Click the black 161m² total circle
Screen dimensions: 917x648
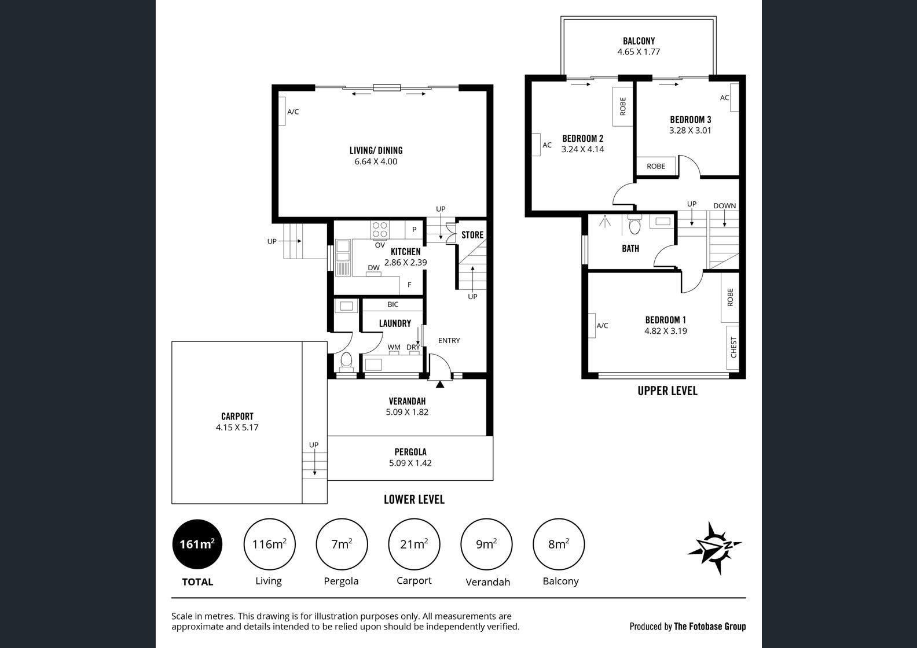tap(197, 544)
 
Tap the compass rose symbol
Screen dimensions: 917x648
tap(714, 547)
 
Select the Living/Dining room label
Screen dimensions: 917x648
tap(376, 150)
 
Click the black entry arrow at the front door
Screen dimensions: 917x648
tap(439, 384)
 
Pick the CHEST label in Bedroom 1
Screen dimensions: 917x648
tap(733, 347)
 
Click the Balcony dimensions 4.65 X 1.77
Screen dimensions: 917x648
tap(639, 52)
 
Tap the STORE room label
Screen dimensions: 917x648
tap(472, 235)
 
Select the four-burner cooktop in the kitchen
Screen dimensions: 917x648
tap(380, 230)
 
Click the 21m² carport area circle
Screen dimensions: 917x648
tap(414, 544)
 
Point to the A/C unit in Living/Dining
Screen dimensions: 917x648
tap(282, 111)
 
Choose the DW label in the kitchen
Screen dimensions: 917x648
tap(373, 267)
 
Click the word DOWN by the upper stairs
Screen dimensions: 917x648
tap(725, 206)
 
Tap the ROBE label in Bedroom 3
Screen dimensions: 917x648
tap(656, 166)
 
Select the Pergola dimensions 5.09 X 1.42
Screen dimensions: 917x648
tap(410, 463)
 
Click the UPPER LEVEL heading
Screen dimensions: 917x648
tap(667, 391)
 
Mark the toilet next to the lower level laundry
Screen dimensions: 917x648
tap(346, 361)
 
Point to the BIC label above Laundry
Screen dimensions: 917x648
tap(393, 304)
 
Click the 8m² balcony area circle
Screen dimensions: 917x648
tap(559, 544)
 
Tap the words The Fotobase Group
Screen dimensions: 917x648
tap(710, 627)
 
